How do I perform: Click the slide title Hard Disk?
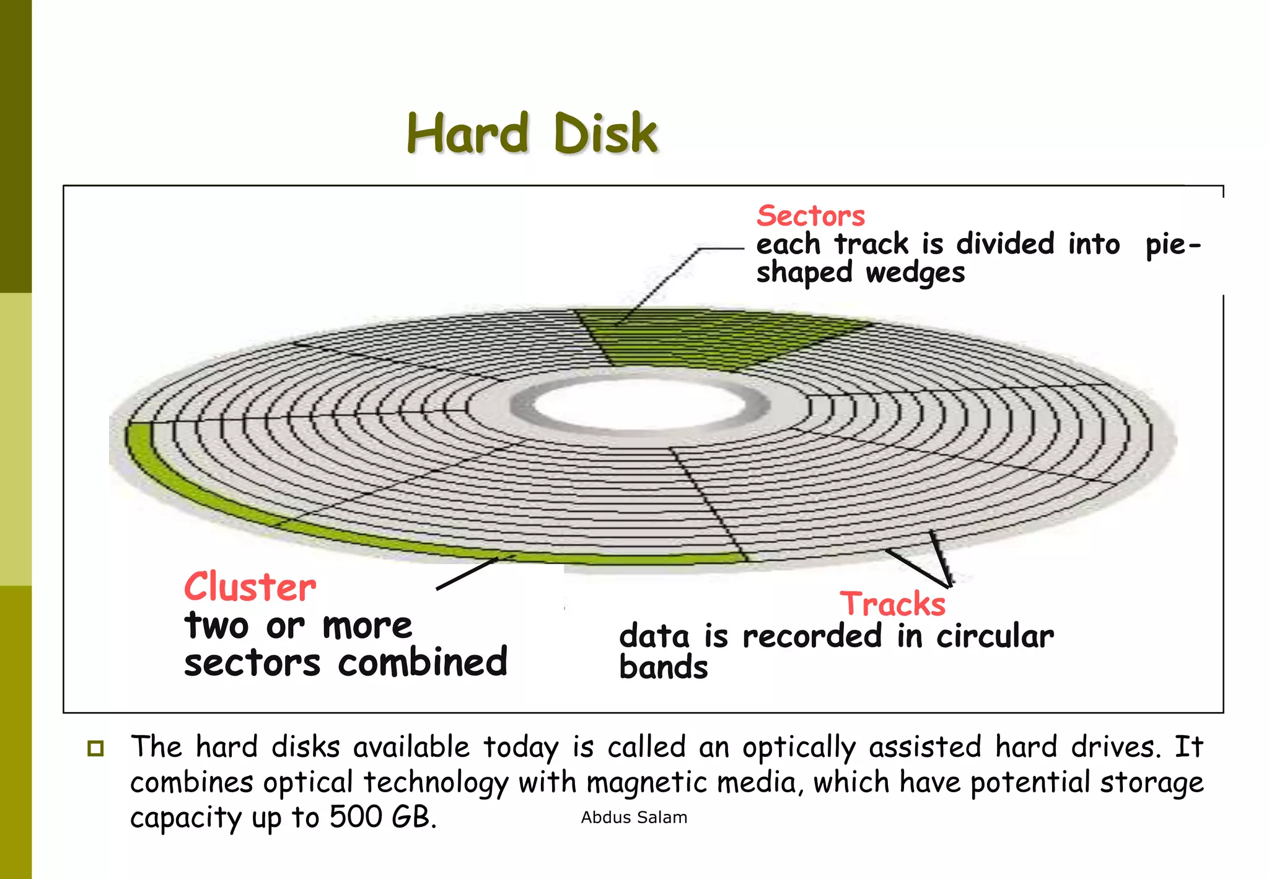coord(532,133)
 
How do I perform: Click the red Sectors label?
coord(810,216)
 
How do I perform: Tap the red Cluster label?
coord(250,587)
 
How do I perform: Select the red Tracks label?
coord(892,604)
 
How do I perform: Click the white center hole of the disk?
coord(638,406)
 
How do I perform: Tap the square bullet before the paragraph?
coord(95,748)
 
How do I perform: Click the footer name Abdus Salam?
coord(634,818)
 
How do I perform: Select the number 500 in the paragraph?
coord(355,817)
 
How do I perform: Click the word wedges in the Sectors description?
coord(915,273)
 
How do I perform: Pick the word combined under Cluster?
coord(423,662)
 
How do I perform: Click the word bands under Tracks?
coord(663,668)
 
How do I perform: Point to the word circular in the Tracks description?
coord(995,637)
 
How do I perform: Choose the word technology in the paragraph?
coord(436,783)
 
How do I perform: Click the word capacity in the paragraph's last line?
coord(186,818)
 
